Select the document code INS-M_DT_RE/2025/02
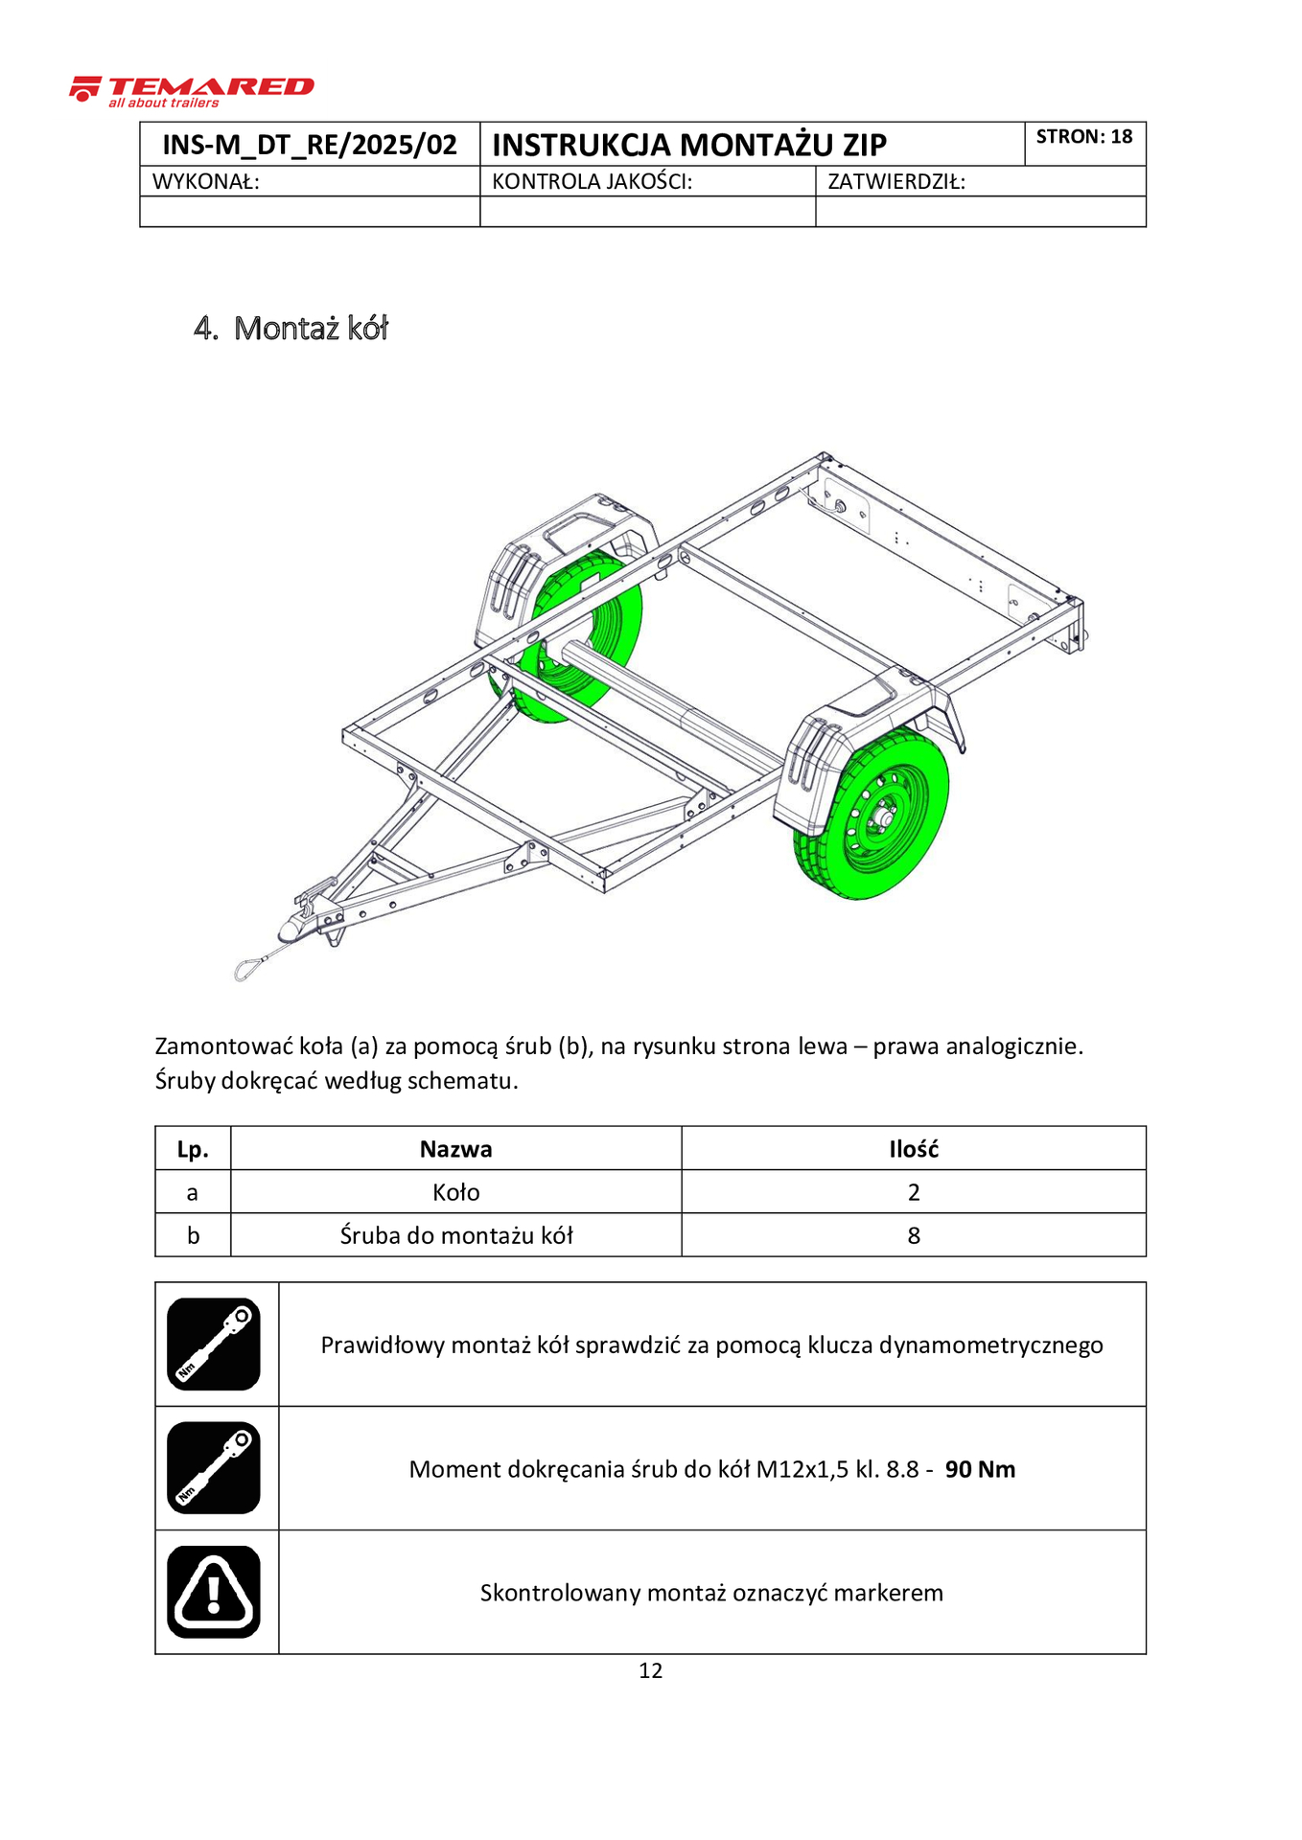[x=310, y=145]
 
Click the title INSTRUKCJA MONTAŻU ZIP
[x=688, y=145]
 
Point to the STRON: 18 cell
[x=1083, y=137]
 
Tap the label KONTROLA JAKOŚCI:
[x=592, y=182]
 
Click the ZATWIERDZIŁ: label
[x=895, y=182]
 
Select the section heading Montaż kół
[x=310, y=329]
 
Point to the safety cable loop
[x=246, y=968]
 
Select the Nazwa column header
[x=455, y=1149]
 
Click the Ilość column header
[x=913, y=1149]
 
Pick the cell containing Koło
[x=455, y=1192]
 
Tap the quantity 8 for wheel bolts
[x=913, y=1236]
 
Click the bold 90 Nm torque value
[x=980, y=1469]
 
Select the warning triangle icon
[x=214, y=1592]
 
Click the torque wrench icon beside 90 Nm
[x=214, y=1468]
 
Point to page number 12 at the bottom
[x=650, y=1671]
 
